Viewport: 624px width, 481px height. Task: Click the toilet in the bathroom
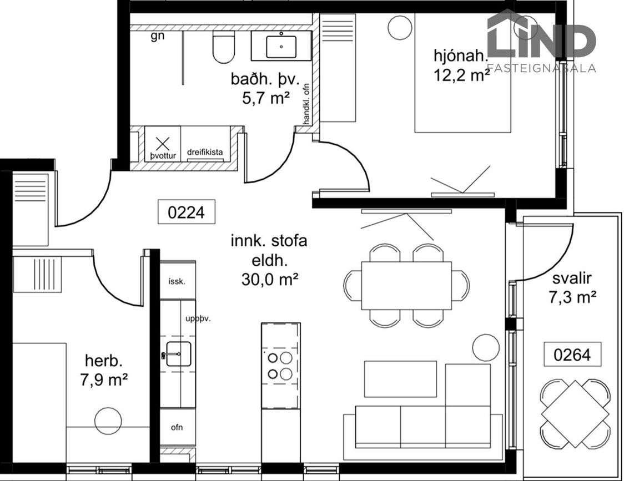click(224, 47)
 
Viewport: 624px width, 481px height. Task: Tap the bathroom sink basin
click(281, 47)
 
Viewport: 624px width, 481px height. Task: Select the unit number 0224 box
click(186, 212)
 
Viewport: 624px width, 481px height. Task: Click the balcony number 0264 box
click(572, 354)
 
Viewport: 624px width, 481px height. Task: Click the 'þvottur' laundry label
click(163, 155)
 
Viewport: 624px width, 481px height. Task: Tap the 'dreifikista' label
click(205, 152)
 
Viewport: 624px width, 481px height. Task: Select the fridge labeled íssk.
click(178, 281)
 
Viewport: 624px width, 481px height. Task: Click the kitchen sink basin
click(178, 354)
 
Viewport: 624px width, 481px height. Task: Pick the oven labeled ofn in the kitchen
click(178, 427)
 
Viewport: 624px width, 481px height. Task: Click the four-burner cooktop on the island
click(280, 366)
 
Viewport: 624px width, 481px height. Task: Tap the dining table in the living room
click(406, 285)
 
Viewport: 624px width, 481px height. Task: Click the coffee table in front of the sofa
click(400, 379)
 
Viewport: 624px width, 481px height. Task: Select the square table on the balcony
click(575, 413)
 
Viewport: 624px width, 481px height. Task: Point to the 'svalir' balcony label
click(572, 279)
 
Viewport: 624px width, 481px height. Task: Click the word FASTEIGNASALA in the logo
click(542, 68)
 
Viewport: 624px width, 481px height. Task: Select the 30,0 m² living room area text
click(269, 279)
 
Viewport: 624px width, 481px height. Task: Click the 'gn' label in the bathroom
click(158, 37)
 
